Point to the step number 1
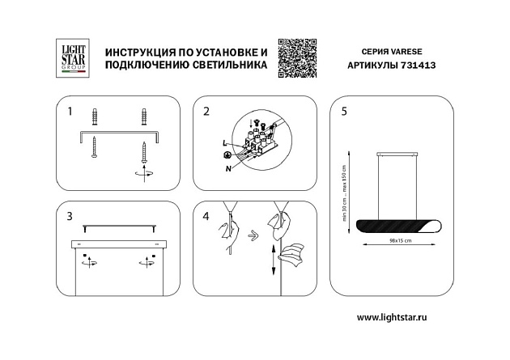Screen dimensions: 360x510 (x=70, y=111)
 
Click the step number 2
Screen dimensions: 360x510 (x=206, y=111)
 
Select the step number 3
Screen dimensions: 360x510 (x=70, y=216)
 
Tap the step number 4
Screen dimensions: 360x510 (x=206, y=216)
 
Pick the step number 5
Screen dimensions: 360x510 (x=344, y=111)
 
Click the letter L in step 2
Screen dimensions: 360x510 (x=223, y=143)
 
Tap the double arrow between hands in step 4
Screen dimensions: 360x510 (x=253, y=237)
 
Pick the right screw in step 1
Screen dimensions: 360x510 (x=146, y=152)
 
